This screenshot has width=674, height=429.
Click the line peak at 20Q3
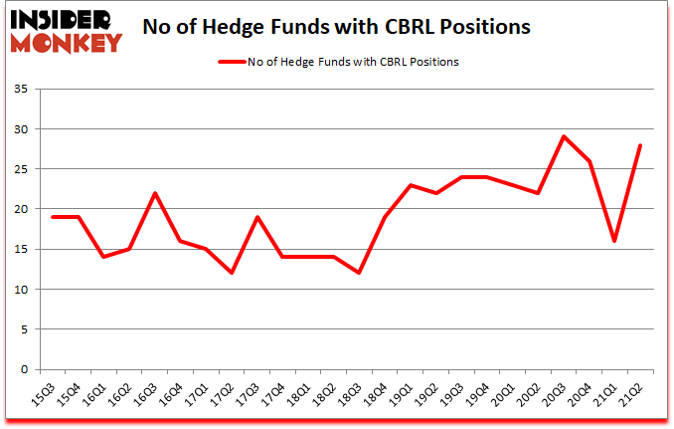click(x=564, y=136)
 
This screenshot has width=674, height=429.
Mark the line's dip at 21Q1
click(x=615, y=241)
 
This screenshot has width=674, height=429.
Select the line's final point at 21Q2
click(x=641, y=145)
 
